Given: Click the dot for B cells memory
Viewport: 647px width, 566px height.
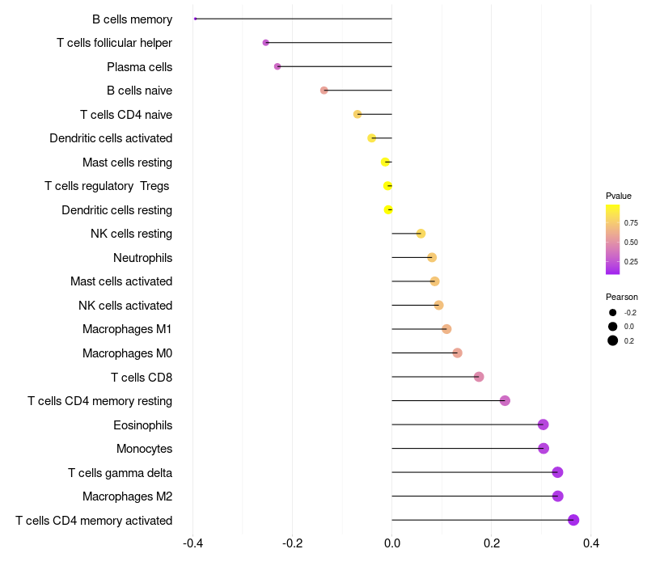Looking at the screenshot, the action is point(195,19).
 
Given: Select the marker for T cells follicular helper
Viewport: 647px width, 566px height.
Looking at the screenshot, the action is point(266,43).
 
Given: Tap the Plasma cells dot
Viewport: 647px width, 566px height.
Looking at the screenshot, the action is point(277,66).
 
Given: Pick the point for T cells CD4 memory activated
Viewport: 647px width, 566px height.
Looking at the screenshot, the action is point(573,520).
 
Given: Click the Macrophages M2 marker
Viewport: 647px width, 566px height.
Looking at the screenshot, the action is point(557,496).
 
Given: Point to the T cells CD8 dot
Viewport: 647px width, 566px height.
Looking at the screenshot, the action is point(479,377).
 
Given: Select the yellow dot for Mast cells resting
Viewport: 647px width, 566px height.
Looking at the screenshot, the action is point(385,162).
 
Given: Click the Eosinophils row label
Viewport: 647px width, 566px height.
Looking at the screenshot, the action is point(143,425).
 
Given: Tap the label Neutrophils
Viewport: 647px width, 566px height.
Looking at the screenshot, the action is point(143,258).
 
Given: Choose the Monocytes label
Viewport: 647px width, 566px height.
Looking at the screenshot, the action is point(145,449).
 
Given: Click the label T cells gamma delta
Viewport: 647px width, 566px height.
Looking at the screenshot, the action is point(120,473).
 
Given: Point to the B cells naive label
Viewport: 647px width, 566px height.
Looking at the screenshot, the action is point(139,91).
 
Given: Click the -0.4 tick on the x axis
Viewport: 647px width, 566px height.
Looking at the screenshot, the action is point(192,543).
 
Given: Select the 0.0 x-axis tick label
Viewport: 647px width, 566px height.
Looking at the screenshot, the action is point(392,543).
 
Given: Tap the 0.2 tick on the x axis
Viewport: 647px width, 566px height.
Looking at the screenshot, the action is point(492,543).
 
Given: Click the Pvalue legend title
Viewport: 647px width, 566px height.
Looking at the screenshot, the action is point(619,196).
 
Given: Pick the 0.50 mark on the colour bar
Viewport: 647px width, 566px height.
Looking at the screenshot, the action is point(631,242).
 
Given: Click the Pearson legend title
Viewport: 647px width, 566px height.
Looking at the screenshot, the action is point(622,297).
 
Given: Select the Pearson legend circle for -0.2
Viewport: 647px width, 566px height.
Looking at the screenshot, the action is point(612,313).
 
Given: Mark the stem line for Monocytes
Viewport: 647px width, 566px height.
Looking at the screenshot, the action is point(468,449).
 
